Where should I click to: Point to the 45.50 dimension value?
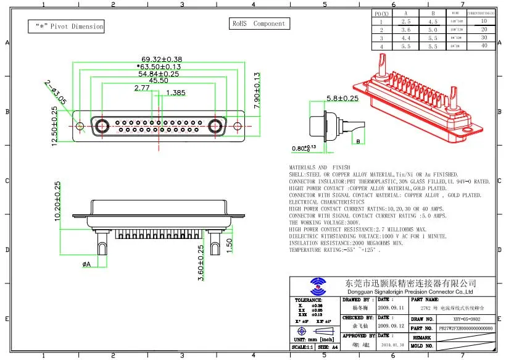pos(157,80)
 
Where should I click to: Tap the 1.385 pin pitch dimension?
pos(176,93)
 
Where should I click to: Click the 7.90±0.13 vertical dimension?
pos(257,92)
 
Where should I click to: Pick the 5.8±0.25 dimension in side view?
pos(342,98)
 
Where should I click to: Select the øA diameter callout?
pos(86,264)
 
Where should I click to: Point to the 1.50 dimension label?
pos(229,246)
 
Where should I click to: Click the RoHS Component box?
pos(259,23)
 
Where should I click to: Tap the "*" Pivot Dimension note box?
pos(66,27)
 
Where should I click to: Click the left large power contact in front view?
pos(101,126)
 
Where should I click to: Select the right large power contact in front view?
pos(215,126)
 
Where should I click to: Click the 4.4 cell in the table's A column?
pos(405,38)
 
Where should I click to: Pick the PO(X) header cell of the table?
pos(382,14)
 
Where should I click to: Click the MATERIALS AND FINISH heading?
pos(319,167)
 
